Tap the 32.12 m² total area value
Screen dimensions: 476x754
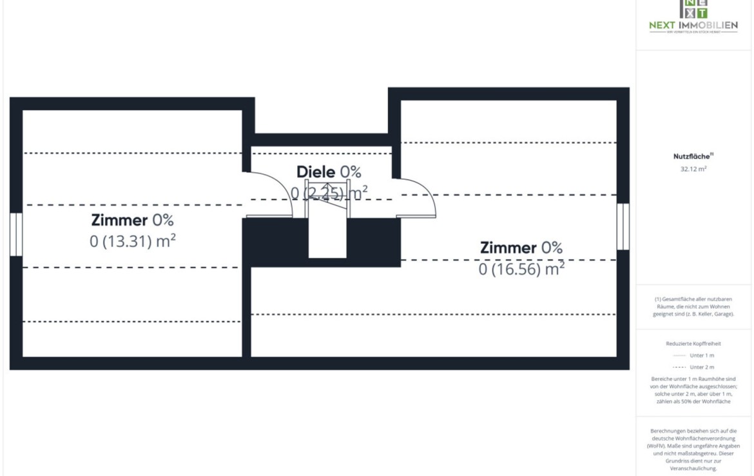click(693, 169)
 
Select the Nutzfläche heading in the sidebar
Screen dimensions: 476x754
click(692, 156)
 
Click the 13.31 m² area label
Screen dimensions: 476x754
click(133, 241)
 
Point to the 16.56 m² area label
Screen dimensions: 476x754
click(521, 269)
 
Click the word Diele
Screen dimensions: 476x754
click(316, 172)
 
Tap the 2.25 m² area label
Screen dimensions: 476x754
click(329, 192)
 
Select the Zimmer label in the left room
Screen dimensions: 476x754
click(120, 220)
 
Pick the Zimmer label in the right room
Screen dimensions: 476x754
click(508, 248)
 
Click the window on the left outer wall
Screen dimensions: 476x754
click(16, 234)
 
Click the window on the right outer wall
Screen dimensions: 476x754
click(623, 226)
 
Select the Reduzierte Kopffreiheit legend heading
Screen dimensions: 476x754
click(693, 344)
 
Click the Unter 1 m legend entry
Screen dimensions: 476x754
click(701, 355)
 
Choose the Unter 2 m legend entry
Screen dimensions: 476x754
click(701, 367)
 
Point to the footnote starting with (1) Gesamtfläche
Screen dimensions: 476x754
click(693, 306)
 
